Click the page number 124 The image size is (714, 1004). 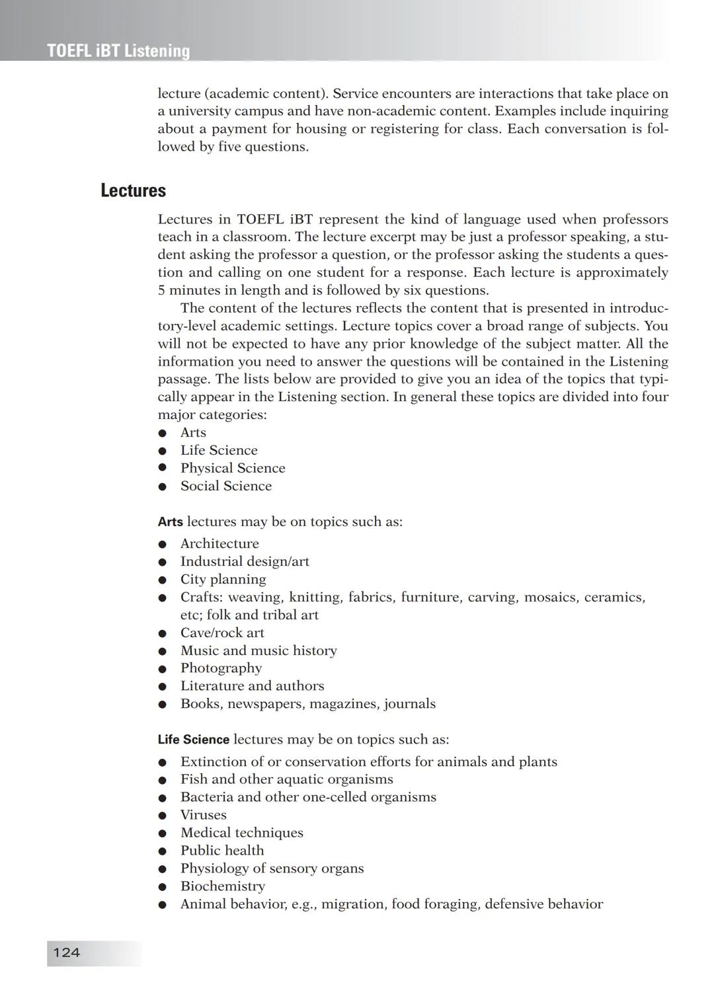tap(66, 952)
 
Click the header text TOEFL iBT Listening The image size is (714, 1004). tap(118, 51)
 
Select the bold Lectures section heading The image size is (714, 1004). tap(133, 190)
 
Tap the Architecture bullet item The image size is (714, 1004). tap(219, 543)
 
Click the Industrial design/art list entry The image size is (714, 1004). tap(245, 561)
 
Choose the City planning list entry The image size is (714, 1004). tap(223, 579)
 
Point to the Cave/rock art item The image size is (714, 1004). tap(222, 633)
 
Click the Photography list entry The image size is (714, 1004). tap(221, 668)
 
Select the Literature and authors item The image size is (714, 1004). tap(252, 686)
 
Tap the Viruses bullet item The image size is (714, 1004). tap(204, 815)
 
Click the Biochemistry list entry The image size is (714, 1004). tap(223, 886)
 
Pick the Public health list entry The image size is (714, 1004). tap(222, 851)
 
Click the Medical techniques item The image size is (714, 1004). tap(242, 833)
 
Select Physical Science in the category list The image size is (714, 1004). tap(233, 468)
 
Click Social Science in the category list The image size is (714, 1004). tap(226, 486)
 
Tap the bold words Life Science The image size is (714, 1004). tap(193, 740)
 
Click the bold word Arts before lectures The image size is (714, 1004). tap(170, 521)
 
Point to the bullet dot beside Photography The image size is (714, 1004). tap(162, 669)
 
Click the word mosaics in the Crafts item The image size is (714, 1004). tap(548, 598)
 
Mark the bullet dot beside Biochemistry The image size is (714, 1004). tap(162, 887)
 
